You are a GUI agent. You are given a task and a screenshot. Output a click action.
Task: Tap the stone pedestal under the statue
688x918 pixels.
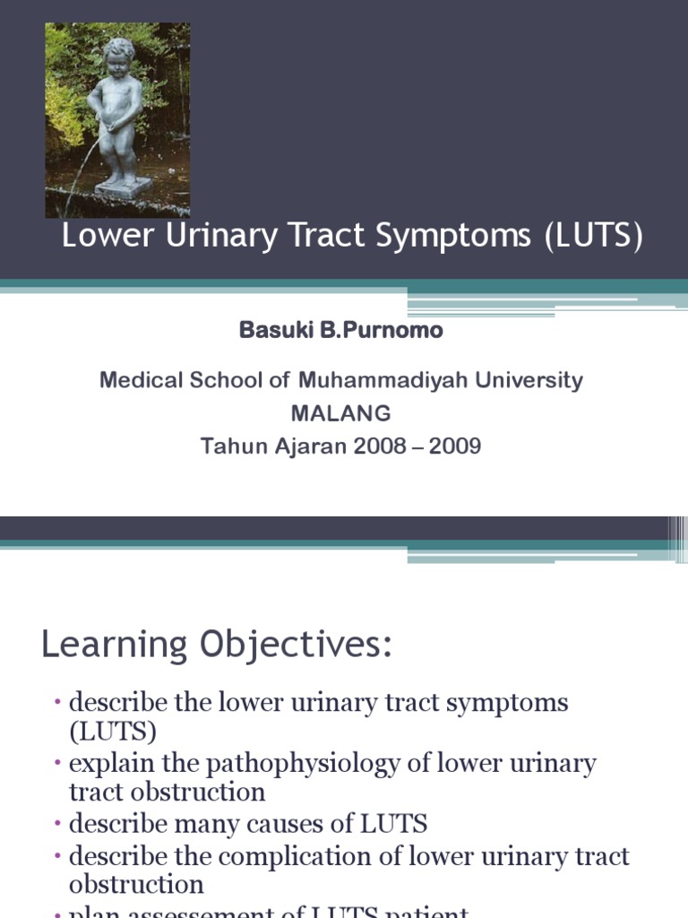tap(123, 188)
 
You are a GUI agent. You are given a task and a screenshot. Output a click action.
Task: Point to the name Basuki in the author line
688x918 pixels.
tap(271, 330)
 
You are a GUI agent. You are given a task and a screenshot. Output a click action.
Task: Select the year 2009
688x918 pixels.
tap(454, 446)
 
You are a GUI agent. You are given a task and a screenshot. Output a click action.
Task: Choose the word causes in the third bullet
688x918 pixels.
tap(297, 823)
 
